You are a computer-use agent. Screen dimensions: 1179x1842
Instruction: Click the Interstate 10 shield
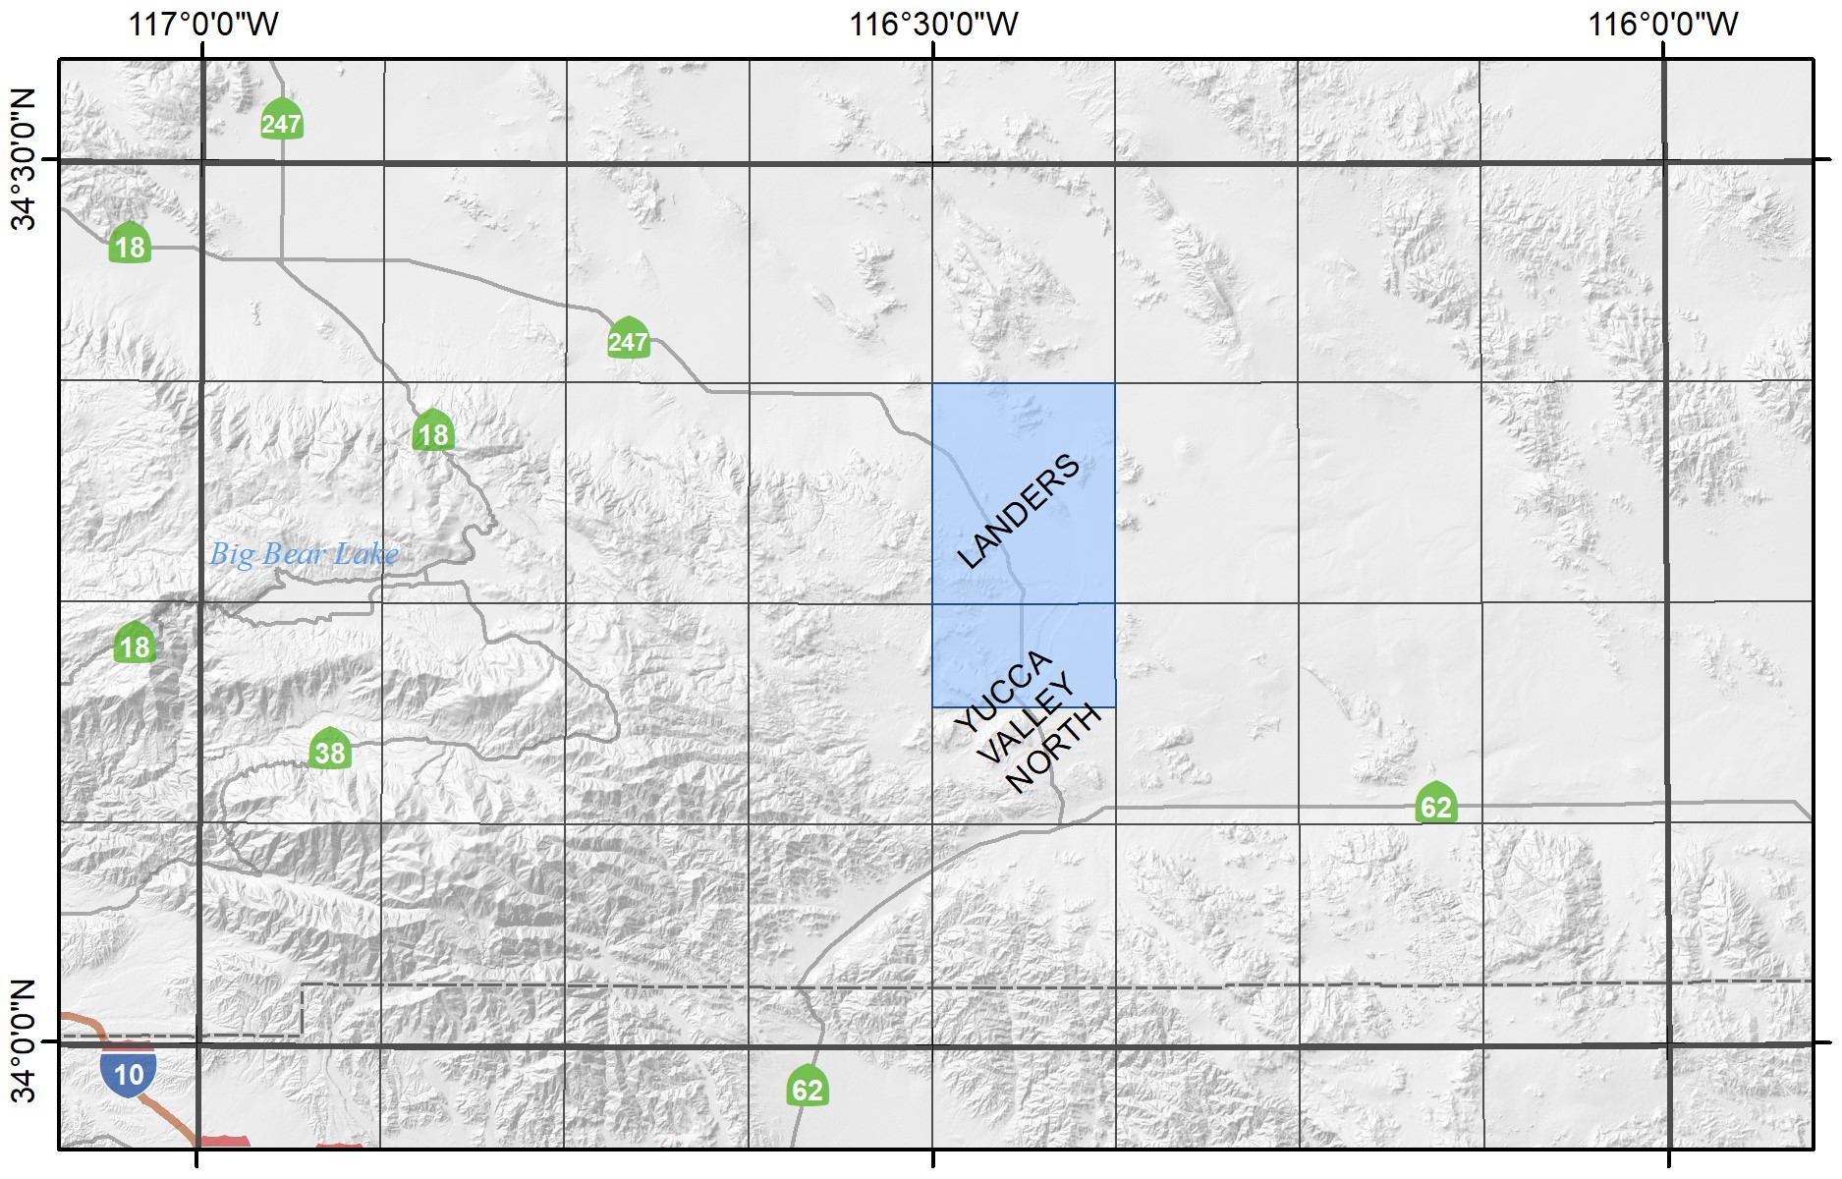point(129,1073)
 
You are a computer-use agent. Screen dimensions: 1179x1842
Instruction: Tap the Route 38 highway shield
point(330,752)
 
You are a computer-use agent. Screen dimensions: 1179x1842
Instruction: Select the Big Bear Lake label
point(304,554)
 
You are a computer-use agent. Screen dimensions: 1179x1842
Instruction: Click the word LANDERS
point(1018,511)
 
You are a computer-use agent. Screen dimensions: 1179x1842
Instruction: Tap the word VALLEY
point(1029,721)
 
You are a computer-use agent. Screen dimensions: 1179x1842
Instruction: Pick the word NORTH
point(1054,751)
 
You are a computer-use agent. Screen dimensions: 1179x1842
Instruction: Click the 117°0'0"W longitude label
point(203,23)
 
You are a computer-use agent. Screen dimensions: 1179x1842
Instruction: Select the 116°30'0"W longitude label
point(933,23)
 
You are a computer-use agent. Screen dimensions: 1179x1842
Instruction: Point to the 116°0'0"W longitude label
point(1663,23)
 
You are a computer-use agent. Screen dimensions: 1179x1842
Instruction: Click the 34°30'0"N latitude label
point(23,159)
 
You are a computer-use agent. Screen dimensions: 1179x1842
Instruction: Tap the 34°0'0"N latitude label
point(23,1041)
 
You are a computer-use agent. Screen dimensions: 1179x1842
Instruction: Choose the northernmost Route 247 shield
point(281,122)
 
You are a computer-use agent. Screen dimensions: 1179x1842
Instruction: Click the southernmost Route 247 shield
point(628,340)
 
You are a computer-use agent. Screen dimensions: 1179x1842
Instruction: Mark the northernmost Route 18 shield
point(130,245)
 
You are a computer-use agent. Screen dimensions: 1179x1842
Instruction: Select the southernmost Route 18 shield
point(135,645)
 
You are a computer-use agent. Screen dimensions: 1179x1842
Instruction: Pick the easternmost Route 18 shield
point(433,432)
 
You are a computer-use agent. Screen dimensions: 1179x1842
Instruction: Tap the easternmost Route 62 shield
point(1435,806)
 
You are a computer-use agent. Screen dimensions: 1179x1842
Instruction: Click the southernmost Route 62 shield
point(807,1088)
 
